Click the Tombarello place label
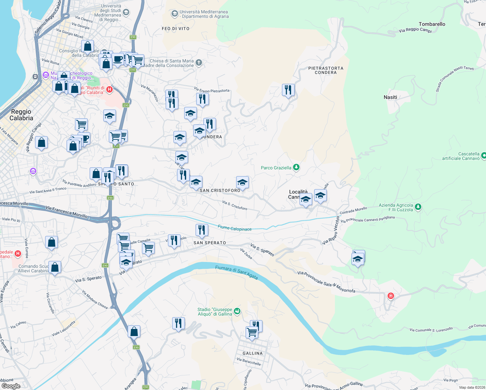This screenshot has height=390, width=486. click(x=432, y=24)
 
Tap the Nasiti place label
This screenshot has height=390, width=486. click(x=390, y=97)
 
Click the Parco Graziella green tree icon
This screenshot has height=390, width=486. click(x=296, y=167)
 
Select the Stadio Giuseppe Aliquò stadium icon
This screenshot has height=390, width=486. click(x=237, y=311)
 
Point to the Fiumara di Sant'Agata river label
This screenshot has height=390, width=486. click(x=237, y=272)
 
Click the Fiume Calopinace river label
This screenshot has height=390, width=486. click(x=235, y=228)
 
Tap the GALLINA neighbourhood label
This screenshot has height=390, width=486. click(x=252, y=353)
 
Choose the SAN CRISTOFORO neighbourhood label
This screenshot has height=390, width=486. click(x=220, y=190)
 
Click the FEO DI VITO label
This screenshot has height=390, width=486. click(x=175, y=29)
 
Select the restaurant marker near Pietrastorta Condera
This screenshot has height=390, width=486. click(x=288, y=90)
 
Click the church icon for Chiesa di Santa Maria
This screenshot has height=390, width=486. click(x=199, y=62)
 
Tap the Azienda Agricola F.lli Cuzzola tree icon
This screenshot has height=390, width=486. click(x=418, y=207)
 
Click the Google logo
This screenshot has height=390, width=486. click(x=11, y=386)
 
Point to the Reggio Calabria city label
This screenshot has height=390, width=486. click(x=21, y=115)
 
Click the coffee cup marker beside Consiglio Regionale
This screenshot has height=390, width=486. click(x=118, y=60)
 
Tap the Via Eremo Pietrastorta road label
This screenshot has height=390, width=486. click(x=212, y=90)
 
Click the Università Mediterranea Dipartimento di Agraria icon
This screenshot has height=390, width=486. click(x=175, y=14)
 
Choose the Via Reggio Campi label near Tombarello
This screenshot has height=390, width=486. click(x=415, y=30)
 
